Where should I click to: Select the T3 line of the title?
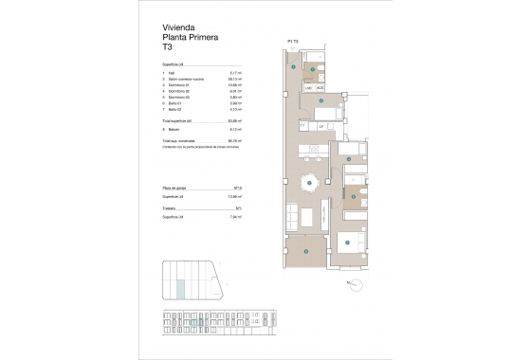point(171,49)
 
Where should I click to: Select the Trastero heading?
point(174,207)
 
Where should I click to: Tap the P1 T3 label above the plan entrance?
point(292,42)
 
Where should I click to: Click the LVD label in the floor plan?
point(309,88)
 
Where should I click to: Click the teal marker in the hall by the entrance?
point(295,67)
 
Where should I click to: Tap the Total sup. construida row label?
point(182,139)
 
